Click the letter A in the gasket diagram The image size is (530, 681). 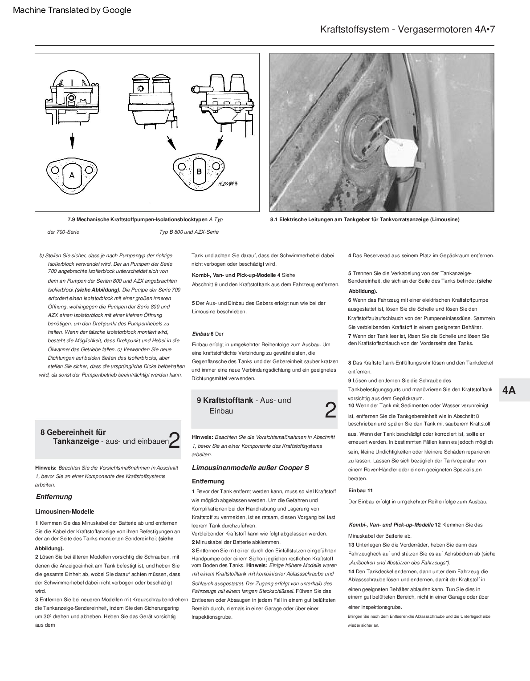tap(72, 175)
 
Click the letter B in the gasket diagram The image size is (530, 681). tap(199, 171)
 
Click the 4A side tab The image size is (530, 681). tap(509, 390)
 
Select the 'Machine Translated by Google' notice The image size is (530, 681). tap(72, 10)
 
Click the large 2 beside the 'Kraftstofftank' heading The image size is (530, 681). tap(330, 410)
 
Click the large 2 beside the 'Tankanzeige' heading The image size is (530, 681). tap(175, 440)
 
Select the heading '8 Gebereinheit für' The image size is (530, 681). tap(73, 432)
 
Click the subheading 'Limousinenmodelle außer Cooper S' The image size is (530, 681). tap(250, 468)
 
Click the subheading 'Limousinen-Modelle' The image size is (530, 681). tap(65, 512)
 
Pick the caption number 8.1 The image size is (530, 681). tap(274, 219)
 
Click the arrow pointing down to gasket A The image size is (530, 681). tap(72, 142)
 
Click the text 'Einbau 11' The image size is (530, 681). tap(360, 490)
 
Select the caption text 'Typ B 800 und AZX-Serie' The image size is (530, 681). tap(189, 232)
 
